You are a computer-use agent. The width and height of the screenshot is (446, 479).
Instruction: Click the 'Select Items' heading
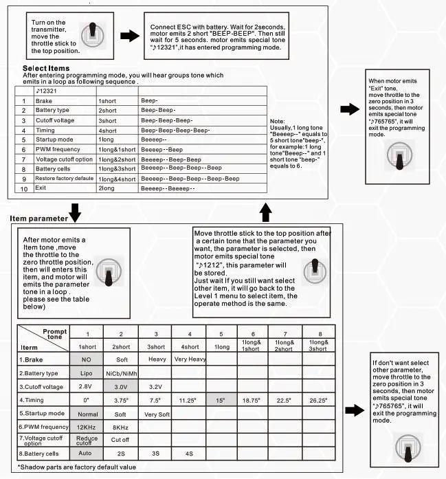coord(46,69)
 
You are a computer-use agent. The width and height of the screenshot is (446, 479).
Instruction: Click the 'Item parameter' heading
coord(38,219)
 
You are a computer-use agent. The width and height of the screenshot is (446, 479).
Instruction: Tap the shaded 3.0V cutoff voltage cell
coord(120,387)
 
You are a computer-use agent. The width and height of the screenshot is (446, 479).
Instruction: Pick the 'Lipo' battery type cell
coord(86,374)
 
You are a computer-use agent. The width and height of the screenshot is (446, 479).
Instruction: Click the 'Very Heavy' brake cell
coord(190,359)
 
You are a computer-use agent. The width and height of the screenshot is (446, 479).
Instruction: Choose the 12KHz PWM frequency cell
coord(86,426)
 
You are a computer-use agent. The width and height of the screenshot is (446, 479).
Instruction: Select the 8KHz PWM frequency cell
coord(120,426)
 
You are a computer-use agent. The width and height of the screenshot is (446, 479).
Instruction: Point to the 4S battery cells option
coord(190,454)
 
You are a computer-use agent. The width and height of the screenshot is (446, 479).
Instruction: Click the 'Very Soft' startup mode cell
coord(157,414)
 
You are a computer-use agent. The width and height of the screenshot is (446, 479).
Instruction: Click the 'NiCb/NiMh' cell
coord(120,374)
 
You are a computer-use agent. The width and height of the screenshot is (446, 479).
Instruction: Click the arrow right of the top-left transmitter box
coord(129,36)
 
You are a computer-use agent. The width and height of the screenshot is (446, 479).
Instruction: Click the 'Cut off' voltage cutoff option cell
coord(120,440)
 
